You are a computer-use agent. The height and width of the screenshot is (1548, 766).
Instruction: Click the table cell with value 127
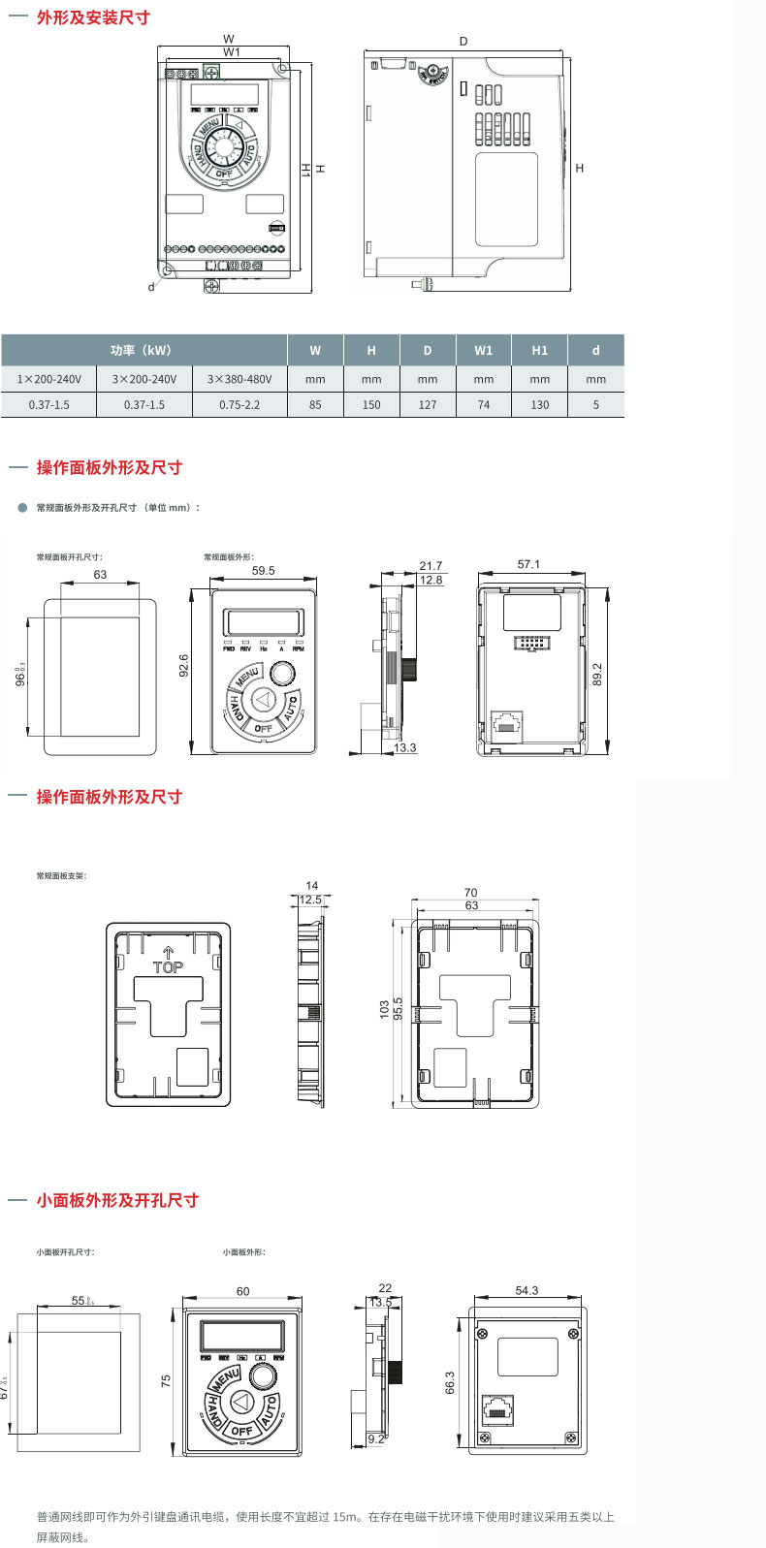pos(428,404)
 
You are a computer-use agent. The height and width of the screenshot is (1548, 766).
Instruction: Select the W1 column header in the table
pos(483,350)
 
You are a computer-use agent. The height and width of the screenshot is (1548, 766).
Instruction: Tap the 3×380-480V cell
pos(239,379)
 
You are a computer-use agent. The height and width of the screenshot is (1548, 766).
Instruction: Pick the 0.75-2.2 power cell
pos(239,404)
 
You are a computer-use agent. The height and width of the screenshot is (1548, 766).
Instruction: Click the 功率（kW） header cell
pos(144,350)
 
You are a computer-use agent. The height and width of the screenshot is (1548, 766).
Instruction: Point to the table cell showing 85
pos(315,404)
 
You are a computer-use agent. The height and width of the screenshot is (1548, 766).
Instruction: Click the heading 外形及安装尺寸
pos(93,17)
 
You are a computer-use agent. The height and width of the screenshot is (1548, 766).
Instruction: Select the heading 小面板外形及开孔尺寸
pos(117,1200)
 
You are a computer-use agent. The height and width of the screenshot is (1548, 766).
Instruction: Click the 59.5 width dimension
pos(263,571)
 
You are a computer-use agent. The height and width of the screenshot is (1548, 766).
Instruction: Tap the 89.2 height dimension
pos(597,674)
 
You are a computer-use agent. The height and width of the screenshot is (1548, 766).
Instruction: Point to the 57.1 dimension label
pos(528,564)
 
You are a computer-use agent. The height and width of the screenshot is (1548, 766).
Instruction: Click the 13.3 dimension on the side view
pos(404,747)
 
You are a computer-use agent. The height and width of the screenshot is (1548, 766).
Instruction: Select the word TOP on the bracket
pos(168,967)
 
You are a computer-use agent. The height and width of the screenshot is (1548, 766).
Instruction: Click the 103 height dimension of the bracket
pos(384,1009)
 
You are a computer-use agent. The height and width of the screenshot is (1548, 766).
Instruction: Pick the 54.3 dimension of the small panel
pos(527,1290)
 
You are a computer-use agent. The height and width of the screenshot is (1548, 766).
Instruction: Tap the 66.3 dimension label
pos(449,1382)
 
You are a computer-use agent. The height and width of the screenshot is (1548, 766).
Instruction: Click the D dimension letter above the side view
pos(463,42)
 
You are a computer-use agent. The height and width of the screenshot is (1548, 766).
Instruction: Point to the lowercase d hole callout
pos(151,287)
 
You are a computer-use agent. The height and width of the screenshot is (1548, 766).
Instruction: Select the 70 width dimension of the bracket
pos(470,893)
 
